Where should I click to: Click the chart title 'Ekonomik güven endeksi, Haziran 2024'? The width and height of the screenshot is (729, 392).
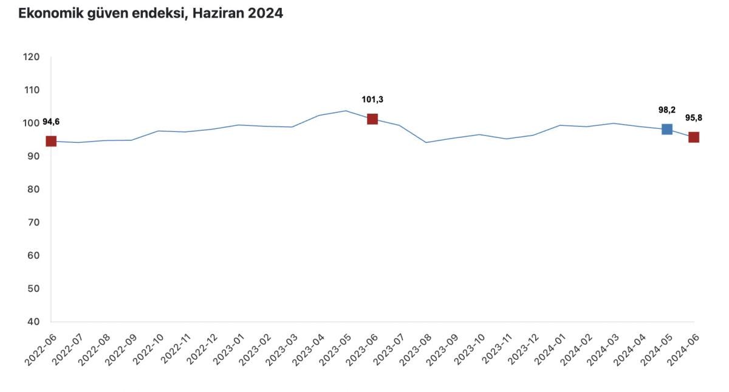tap(151, 13)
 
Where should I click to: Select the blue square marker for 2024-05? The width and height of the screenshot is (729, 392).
tap(666, 129)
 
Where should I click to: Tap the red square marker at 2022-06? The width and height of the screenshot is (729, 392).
tap(51, 141)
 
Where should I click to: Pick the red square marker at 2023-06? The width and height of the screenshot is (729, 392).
tap(372, 119)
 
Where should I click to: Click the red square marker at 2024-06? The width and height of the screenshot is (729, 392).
tap(693, 137)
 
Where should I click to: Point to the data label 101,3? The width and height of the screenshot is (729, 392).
tap(372, 100)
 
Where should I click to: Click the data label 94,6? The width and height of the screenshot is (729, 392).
tap(51, 122)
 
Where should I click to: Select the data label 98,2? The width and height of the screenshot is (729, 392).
tap(667, 110)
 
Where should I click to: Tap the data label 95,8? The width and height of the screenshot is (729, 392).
tap(694, 118)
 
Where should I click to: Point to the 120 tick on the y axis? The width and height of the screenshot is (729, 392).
tap(32, 57)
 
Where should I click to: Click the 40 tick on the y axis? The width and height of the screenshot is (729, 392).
tap(33, 322)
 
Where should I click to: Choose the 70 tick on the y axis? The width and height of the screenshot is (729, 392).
tap(33, 222)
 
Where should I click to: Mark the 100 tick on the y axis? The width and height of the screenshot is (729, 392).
tap(32, 123)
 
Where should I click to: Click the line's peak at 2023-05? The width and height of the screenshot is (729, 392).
tap(346, 111)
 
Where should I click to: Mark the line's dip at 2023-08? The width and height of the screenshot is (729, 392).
tap(426, 143)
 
